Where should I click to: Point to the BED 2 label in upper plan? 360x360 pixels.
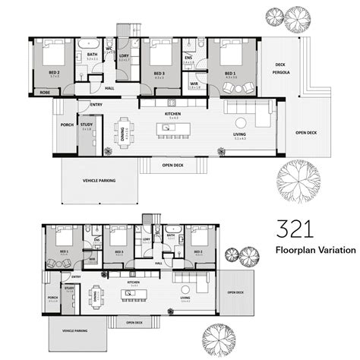(55, 73)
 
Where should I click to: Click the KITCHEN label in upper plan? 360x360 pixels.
(172, 115)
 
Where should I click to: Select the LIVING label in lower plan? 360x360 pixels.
(185, 296)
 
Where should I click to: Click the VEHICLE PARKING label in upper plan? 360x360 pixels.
(100, 181)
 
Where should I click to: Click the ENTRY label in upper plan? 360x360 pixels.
(96, 104)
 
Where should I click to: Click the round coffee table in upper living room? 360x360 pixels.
(241, 122)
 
